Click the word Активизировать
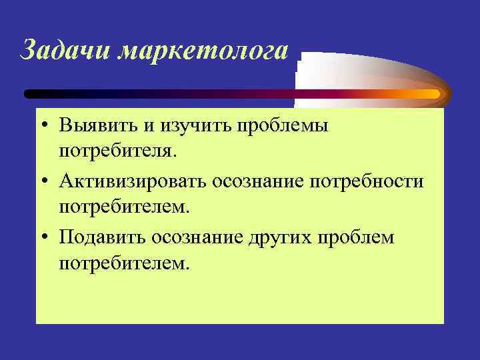pos(133,181)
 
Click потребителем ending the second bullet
pos(124,208)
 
